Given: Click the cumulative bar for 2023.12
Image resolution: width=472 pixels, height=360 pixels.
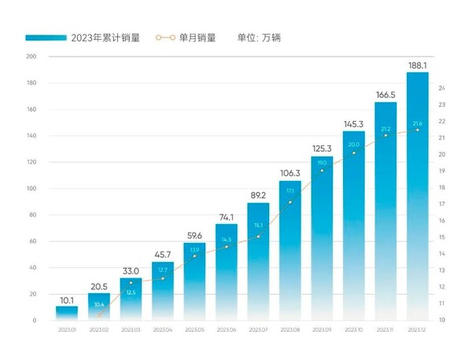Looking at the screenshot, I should (417, 197).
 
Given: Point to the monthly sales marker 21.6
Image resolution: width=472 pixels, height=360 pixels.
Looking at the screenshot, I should (417, 130).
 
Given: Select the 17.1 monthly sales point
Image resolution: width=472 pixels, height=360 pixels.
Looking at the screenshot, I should (289, 202).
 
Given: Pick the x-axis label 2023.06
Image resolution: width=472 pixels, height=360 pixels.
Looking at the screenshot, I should (226, 331).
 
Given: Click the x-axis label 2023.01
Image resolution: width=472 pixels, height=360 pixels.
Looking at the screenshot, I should (67, 331).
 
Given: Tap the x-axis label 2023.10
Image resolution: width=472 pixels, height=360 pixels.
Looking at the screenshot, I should (353, 331).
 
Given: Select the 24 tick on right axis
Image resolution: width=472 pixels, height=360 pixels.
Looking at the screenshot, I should (442, 88).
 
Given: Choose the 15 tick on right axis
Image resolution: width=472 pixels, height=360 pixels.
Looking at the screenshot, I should (442, 237).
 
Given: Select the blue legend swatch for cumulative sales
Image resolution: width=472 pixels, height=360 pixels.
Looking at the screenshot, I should (46, 37).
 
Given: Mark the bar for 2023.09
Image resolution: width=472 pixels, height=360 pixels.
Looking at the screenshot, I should (322, 236).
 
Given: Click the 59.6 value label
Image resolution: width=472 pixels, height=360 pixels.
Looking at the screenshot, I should (194, 235).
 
